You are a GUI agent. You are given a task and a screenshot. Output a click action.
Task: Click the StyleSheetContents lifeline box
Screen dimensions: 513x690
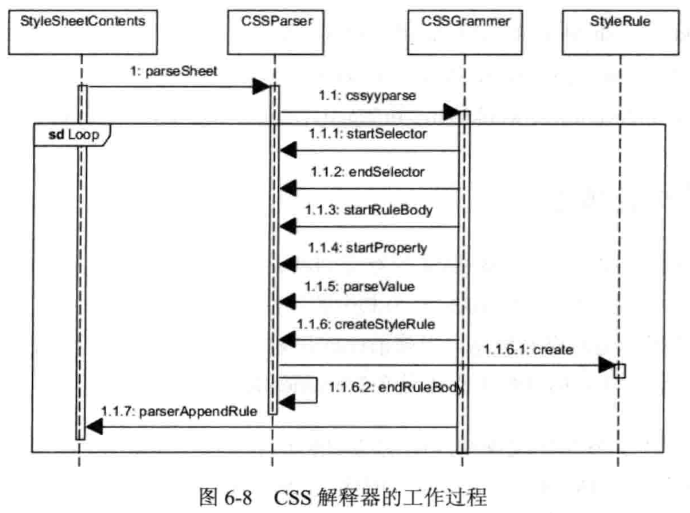(83, 32)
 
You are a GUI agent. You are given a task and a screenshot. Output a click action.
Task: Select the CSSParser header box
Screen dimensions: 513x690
(276, 32)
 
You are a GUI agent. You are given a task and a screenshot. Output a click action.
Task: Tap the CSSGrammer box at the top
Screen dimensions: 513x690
(465, 32)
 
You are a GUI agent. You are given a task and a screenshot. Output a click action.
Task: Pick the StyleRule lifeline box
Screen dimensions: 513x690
(620, 32)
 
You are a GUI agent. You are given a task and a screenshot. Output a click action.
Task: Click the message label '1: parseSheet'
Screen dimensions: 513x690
(174, 71)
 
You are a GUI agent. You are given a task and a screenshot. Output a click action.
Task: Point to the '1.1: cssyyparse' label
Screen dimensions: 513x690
(367, 95)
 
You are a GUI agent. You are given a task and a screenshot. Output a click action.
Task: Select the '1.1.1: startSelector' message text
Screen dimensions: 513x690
(368, 133)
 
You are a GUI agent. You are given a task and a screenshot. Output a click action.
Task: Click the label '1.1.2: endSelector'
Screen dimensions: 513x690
(368, 172)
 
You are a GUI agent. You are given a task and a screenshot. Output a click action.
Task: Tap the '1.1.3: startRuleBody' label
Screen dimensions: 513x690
(368, 210)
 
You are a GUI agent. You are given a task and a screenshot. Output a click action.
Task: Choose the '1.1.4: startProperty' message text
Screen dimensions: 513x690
(368, 248)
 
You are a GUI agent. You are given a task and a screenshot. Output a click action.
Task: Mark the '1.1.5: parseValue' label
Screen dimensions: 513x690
(360, 286)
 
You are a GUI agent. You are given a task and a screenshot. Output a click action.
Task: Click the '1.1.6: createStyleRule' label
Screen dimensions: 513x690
(366, 324)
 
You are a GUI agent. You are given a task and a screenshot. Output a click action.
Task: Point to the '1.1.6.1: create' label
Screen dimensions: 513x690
(528, 349)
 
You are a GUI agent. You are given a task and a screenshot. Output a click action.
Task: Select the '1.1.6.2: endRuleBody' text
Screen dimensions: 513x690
(396, 387)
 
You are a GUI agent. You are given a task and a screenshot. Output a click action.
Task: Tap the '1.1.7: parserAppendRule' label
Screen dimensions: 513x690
(179, 411)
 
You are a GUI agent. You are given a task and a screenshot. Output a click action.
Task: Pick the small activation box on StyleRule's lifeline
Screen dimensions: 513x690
(619, 371)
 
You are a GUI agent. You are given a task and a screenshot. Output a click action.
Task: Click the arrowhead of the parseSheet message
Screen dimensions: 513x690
(261, 86)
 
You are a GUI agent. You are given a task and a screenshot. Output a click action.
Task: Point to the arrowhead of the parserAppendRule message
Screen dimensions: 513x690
(94, 427)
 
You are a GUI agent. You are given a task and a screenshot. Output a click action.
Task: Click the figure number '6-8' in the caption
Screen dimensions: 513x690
(238, 497)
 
